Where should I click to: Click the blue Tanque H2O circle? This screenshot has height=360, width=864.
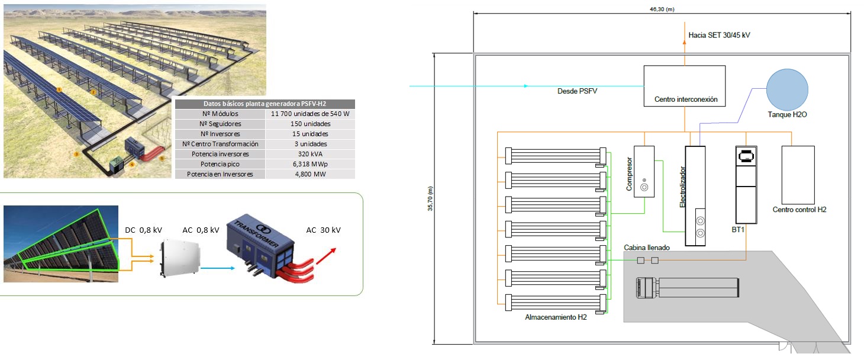787,89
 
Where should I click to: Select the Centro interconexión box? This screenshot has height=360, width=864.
685,86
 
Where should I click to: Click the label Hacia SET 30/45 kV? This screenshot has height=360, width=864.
719,35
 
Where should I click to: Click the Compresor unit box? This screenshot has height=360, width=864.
644,171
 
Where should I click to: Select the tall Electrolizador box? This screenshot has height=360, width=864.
695,195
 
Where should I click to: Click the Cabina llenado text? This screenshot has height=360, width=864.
646,247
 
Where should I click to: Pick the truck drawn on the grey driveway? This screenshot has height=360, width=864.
686,289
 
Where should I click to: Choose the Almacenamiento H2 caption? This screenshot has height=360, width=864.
556,317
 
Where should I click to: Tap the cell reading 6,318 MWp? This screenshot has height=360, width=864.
310,164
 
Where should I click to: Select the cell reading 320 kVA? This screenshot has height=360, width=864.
310,154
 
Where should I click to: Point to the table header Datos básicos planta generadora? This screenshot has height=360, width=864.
265,103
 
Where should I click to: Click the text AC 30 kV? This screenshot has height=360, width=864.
323,230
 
